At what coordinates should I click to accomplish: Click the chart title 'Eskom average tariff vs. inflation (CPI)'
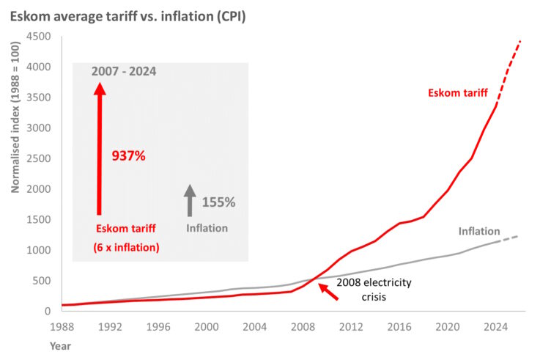coord(128,15)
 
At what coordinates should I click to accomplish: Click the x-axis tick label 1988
coord(62,327)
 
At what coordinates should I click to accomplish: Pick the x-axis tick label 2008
coord(303,327)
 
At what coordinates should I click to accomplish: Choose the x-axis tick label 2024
coord(496,327)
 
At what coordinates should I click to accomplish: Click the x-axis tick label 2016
coord(399,327)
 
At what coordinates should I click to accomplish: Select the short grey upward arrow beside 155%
coord(190,200)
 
